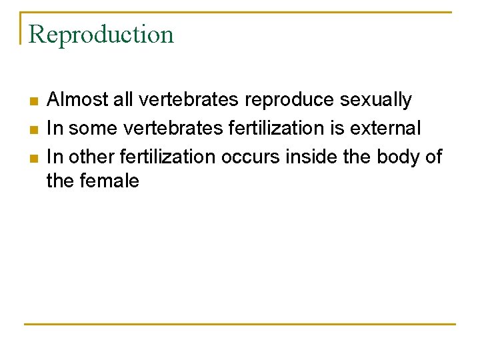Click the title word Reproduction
pos(101,35)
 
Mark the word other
pos(91,156)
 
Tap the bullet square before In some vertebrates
pos(33,129)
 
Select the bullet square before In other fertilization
pos(33,157)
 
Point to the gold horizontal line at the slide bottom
pos(240,325)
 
